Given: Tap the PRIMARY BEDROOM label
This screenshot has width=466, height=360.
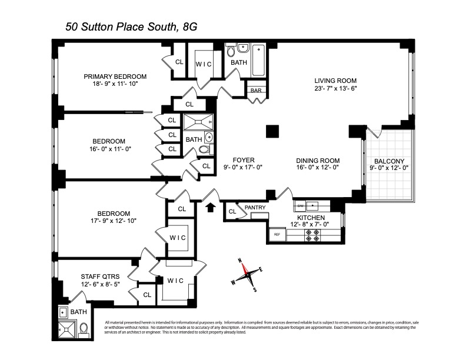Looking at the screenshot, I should [x=115, y=76].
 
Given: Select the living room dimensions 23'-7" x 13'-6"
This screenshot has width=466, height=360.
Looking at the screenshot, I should [x=335, y=89].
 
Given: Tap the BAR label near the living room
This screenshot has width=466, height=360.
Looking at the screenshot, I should [x=256, y=91].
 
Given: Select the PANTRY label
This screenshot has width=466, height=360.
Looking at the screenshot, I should [x=255, y=207].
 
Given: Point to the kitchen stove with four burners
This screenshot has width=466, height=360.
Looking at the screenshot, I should [x=311, y=235].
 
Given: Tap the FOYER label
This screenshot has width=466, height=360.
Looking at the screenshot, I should [x=242, y=159].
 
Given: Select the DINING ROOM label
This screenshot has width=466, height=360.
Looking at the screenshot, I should [x=318, y=160].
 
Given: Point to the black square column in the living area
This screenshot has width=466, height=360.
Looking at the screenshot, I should [x=272, y=132].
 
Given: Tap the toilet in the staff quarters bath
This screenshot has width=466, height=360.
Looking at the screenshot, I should [x=83, y=328].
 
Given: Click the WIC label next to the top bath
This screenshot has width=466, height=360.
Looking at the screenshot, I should [x=204, y=64].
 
